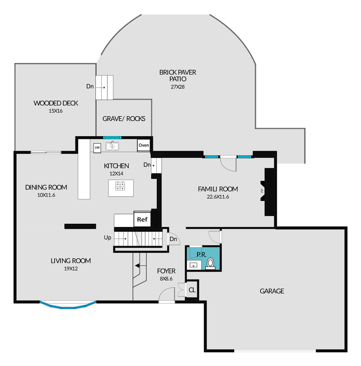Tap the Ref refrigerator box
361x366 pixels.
point(142,219)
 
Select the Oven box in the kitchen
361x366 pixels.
point(144,145)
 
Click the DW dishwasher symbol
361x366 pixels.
point(97,148)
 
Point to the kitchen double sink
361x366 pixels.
point(112,146)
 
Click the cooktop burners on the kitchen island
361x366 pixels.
point(120,186)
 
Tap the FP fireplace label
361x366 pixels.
point(262,191)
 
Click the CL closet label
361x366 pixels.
point(192,290)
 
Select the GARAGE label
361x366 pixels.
point(272,291)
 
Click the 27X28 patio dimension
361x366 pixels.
point(178,87)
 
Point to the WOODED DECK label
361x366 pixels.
point(56,103)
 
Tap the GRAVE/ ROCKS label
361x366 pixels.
point(124,119)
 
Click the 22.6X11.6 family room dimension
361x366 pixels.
point(218,197)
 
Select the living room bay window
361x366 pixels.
point(68,306)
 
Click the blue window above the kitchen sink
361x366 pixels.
point(112,138)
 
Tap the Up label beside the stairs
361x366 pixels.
point(107,238)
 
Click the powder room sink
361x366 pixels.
point(194,265)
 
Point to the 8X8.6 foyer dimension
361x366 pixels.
point(166,279)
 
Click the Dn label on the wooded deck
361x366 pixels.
point(90,86)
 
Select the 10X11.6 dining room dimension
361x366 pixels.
point(46,195)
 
